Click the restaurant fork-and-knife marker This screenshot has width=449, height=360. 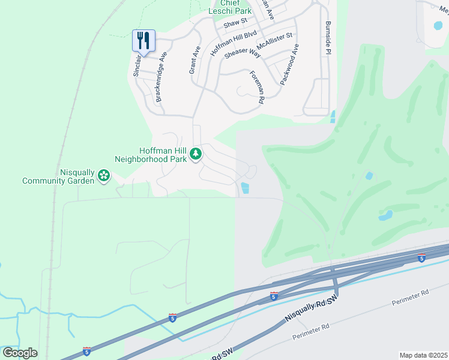click(x=143, y=41)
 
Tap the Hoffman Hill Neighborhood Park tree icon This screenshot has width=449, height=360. click(x=196, y=154)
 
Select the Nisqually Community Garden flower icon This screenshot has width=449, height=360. click(x=104, y=175)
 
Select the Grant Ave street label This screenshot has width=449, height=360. click(x=194, y=60)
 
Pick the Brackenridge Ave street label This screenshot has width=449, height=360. click(x=160, y=76)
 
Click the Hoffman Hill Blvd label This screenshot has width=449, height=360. click(x=234, y=43)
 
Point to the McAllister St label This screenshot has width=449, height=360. click(x=274, y=41)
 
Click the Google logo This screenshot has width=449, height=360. click(x=20, y=353)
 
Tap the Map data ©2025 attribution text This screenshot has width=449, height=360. click(x=423, y=355)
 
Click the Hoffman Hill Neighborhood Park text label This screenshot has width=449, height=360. click(x=150, y=154)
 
